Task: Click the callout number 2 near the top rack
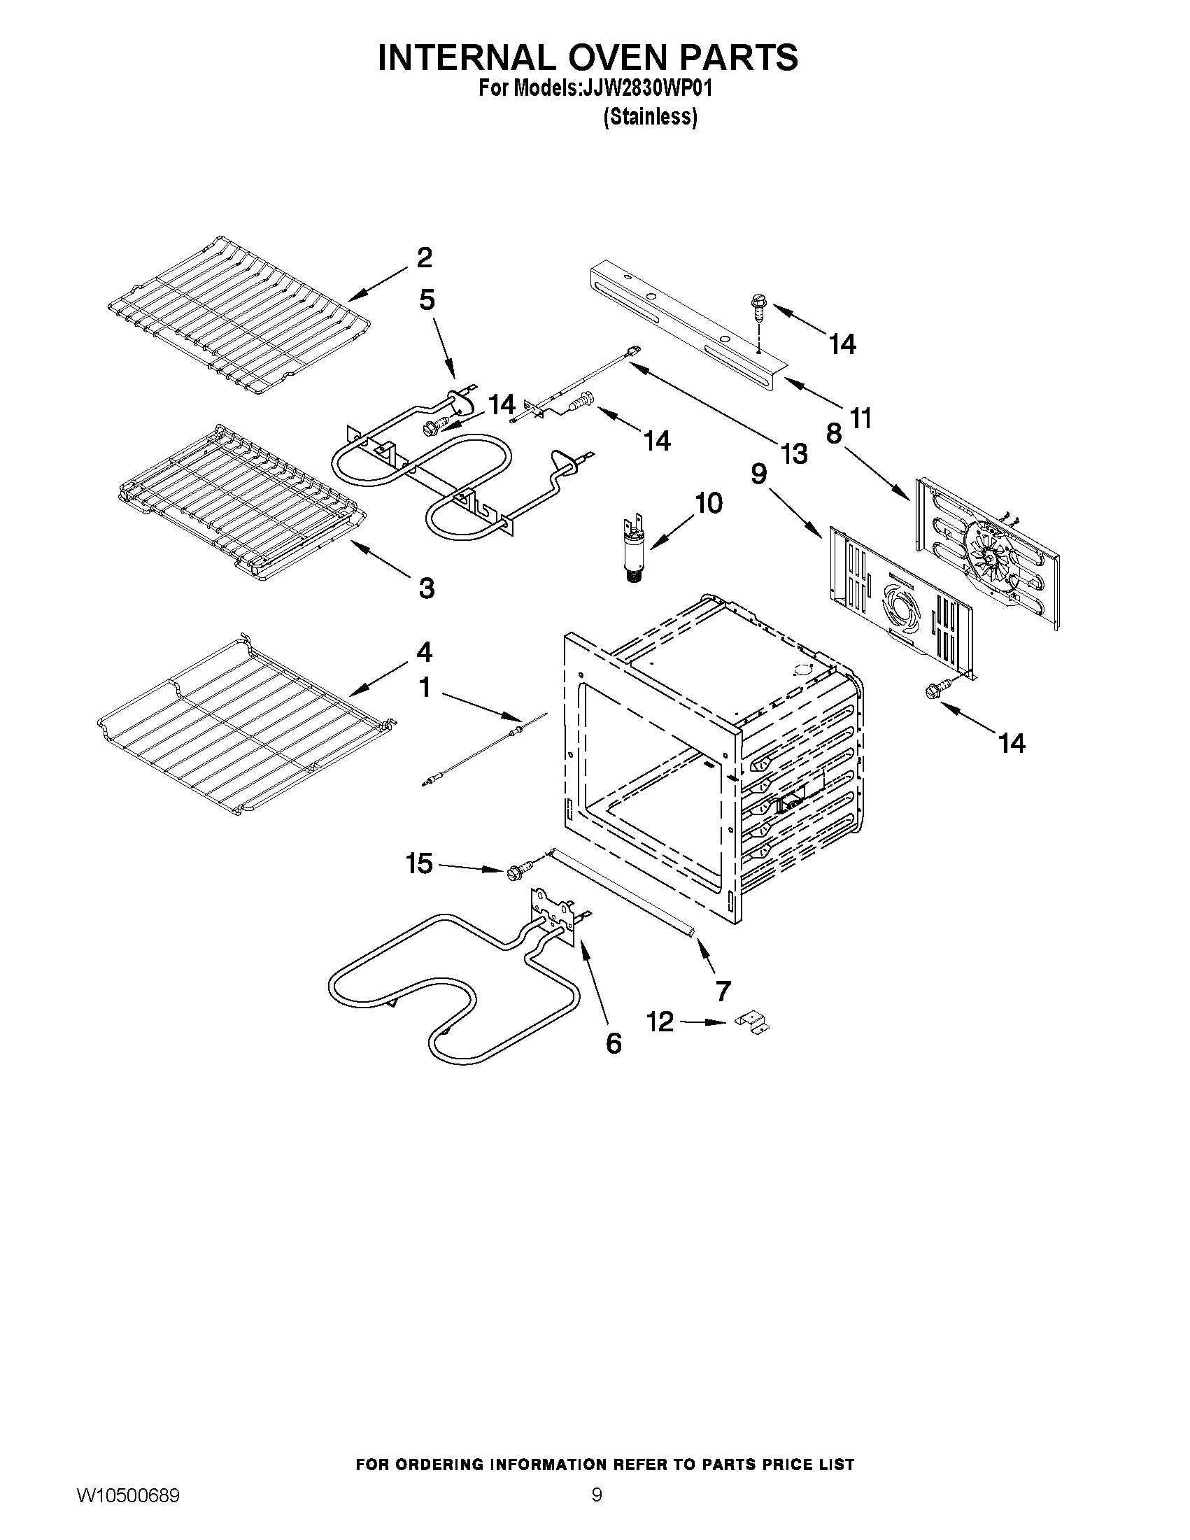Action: coord(424,258)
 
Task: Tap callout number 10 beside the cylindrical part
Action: coord(708,504)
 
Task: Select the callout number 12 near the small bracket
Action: coord(660,1022)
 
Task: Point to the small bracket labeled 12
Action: coord(753,1023)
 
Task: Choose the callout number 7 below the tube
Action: coord(723,991)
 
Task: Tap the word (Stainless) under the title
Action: coord(650,116)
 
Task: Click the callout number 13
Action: coord(794,454)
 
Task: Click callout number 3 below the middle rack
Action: coord(426,587)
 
